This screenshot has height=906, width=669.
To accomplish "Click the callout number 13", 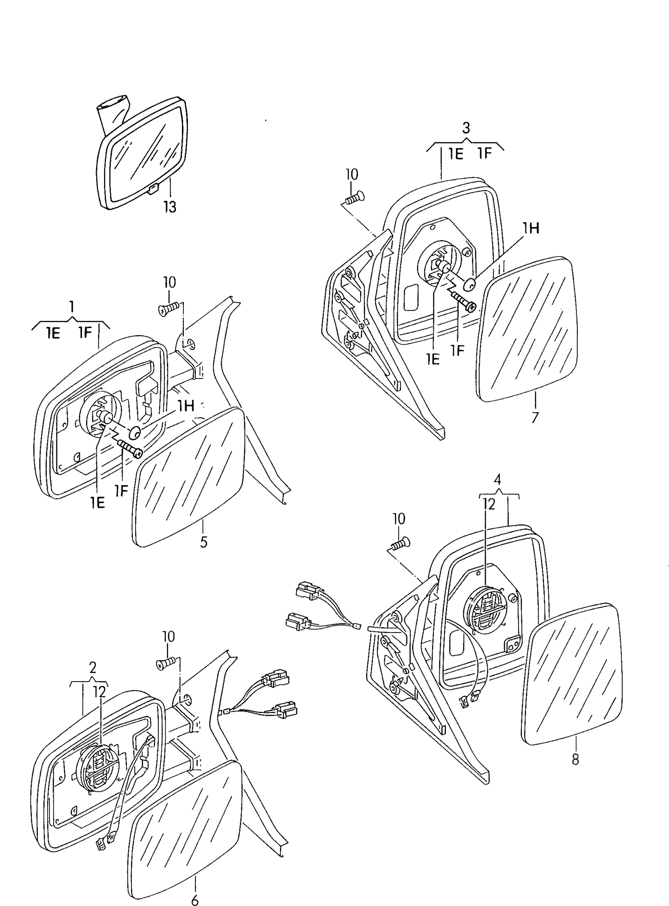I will click(x=170, y=207).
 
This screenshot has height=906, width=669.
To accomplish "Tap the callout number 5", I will click(x=204, y=542).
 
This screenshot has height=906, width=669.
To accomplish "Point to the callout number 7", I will click(x=535, y=418).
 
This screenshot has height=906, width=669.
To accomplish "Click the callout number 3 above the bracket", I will click(x=466, y=128).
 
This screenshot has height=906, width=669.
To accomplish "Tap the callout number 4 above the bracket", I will click(x=498, y=479).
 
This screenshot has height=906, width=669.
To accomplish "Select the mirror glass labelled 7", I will click(x=528, y=329).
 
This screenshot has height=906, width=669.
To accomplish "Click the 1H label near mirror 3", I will click(x=531, y=228).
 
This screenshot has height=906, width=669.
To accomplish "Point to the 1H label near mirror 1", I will click(x=186, y=406).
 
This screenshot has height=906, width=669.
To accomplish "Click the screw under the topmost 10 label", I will click(x=354, y=198).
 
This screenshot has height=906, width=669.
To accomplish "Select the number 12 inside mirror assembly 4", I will click(x=489, y=504).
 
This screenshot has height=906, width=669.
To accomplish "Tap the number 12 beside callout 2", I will click(x=100, y=691).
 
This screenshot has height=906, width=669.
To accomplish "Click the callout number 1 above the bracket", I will click(x=72, y=306).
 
